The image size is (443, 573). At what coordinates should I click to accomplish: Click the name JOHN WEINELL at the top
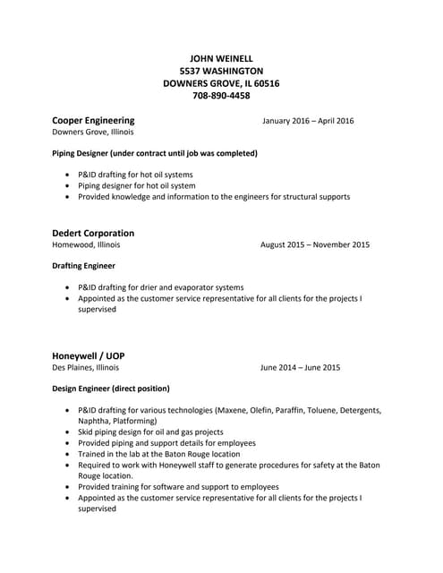[x=221, y=57]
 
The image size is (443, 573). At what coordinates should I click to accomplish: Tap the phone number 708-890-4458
[x=221, y=96]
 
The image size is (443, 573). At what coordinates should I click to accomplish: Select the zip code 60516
[x=265, y=83]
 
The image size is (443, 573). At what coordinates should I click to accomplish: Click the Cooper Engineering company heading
[x=93, y=120]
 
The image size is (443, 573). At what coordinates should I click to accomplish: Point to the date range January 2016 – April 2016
[x=308, y=121]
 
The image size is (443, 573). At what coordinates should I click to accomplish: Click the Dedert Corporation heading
[x=93, y=233]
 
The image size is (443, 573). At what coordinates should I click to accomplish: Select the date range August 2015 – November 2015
[x=314, y=244]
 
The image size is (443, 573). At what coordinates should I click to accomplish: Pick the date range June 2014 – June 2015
[x=300, y=367]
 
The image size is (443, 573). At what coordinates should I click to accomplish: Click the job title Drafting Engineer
[x=83, y=266]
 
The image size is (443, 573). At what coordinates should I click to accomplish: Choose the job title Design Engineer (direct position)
[x=110, y=389]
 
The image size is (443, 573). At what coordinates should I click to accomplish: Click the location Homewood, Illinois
[x=86, y=244]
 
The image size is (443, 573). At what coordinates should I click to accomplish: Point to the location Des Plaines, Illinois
[x=85, y=367]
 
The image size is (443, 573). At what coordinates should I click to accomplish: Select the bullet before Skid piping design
[x=69, y=432]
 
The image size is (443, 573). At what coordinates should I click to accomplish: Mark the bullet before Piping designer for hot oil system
[x=69, y=186]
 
